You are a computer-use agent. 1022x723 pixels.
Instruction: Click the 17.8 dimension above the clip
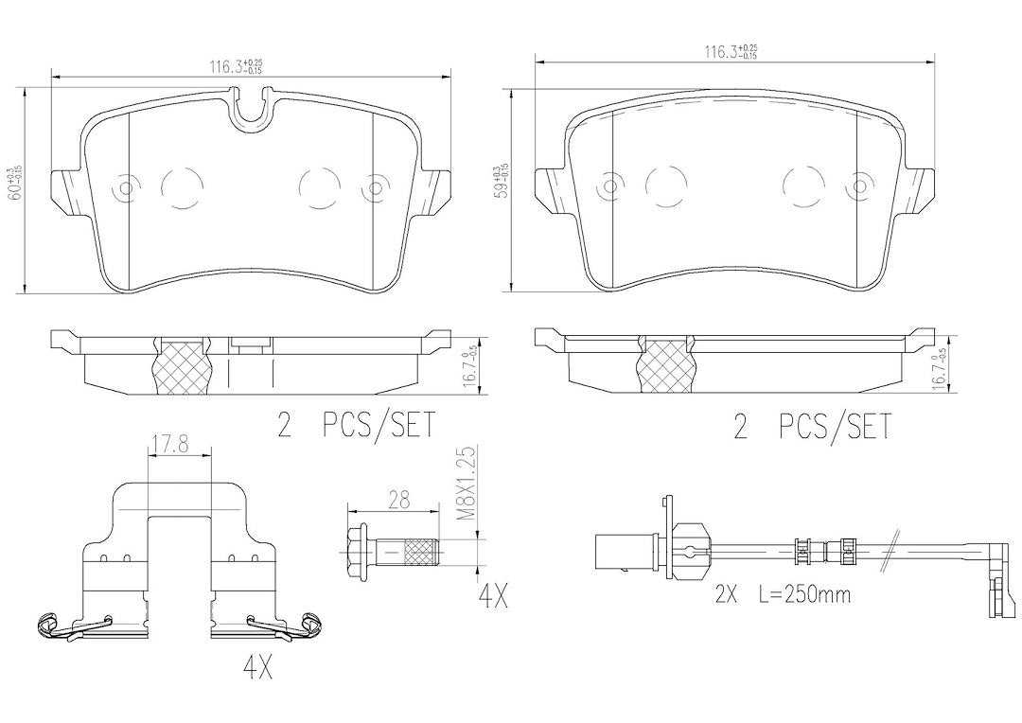click(x=179, y=441)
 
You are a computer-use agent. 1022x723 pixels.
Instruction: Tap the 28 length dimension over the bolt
click(x=398, y=502)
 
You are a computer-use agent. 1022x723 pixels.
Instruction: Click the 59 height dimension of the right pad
click(x=502, y=183)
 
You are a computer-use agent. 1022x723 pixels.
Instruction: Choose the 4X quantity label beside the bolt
click(x=491, y=598)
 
